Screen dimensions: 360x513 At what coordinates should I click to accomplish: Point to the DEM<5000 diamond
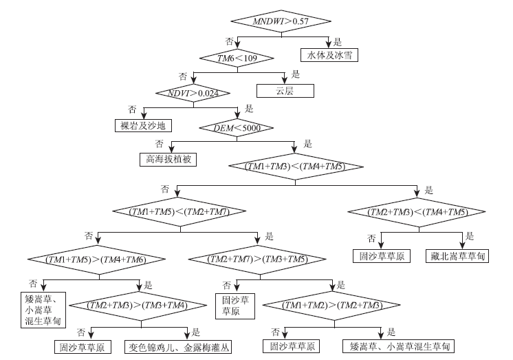[x=236, y=127]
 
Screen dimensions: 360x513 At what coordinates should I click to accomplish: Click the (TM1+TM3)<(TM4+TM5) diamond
[x=295, y=167]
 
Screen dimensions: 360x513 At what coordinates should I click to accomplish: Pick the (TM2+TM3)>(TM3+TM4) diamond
[x=138, y=304]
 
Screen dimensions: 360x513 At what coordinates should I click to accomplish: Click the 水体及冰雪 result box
[x=329, y=54]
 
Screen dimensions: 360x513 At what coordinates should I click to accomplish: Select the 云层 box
[x=285, y=90]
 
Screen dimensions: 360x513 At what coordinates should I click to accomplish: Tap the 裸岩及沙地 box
[x=143, y=125]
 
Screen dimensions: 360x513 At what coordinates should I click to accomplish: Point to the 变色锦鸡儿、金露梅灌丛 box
[x=177, y=347]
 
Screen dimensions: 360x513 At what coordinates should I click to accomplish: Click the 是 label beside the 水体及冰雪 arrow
[x=338, y=40]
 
